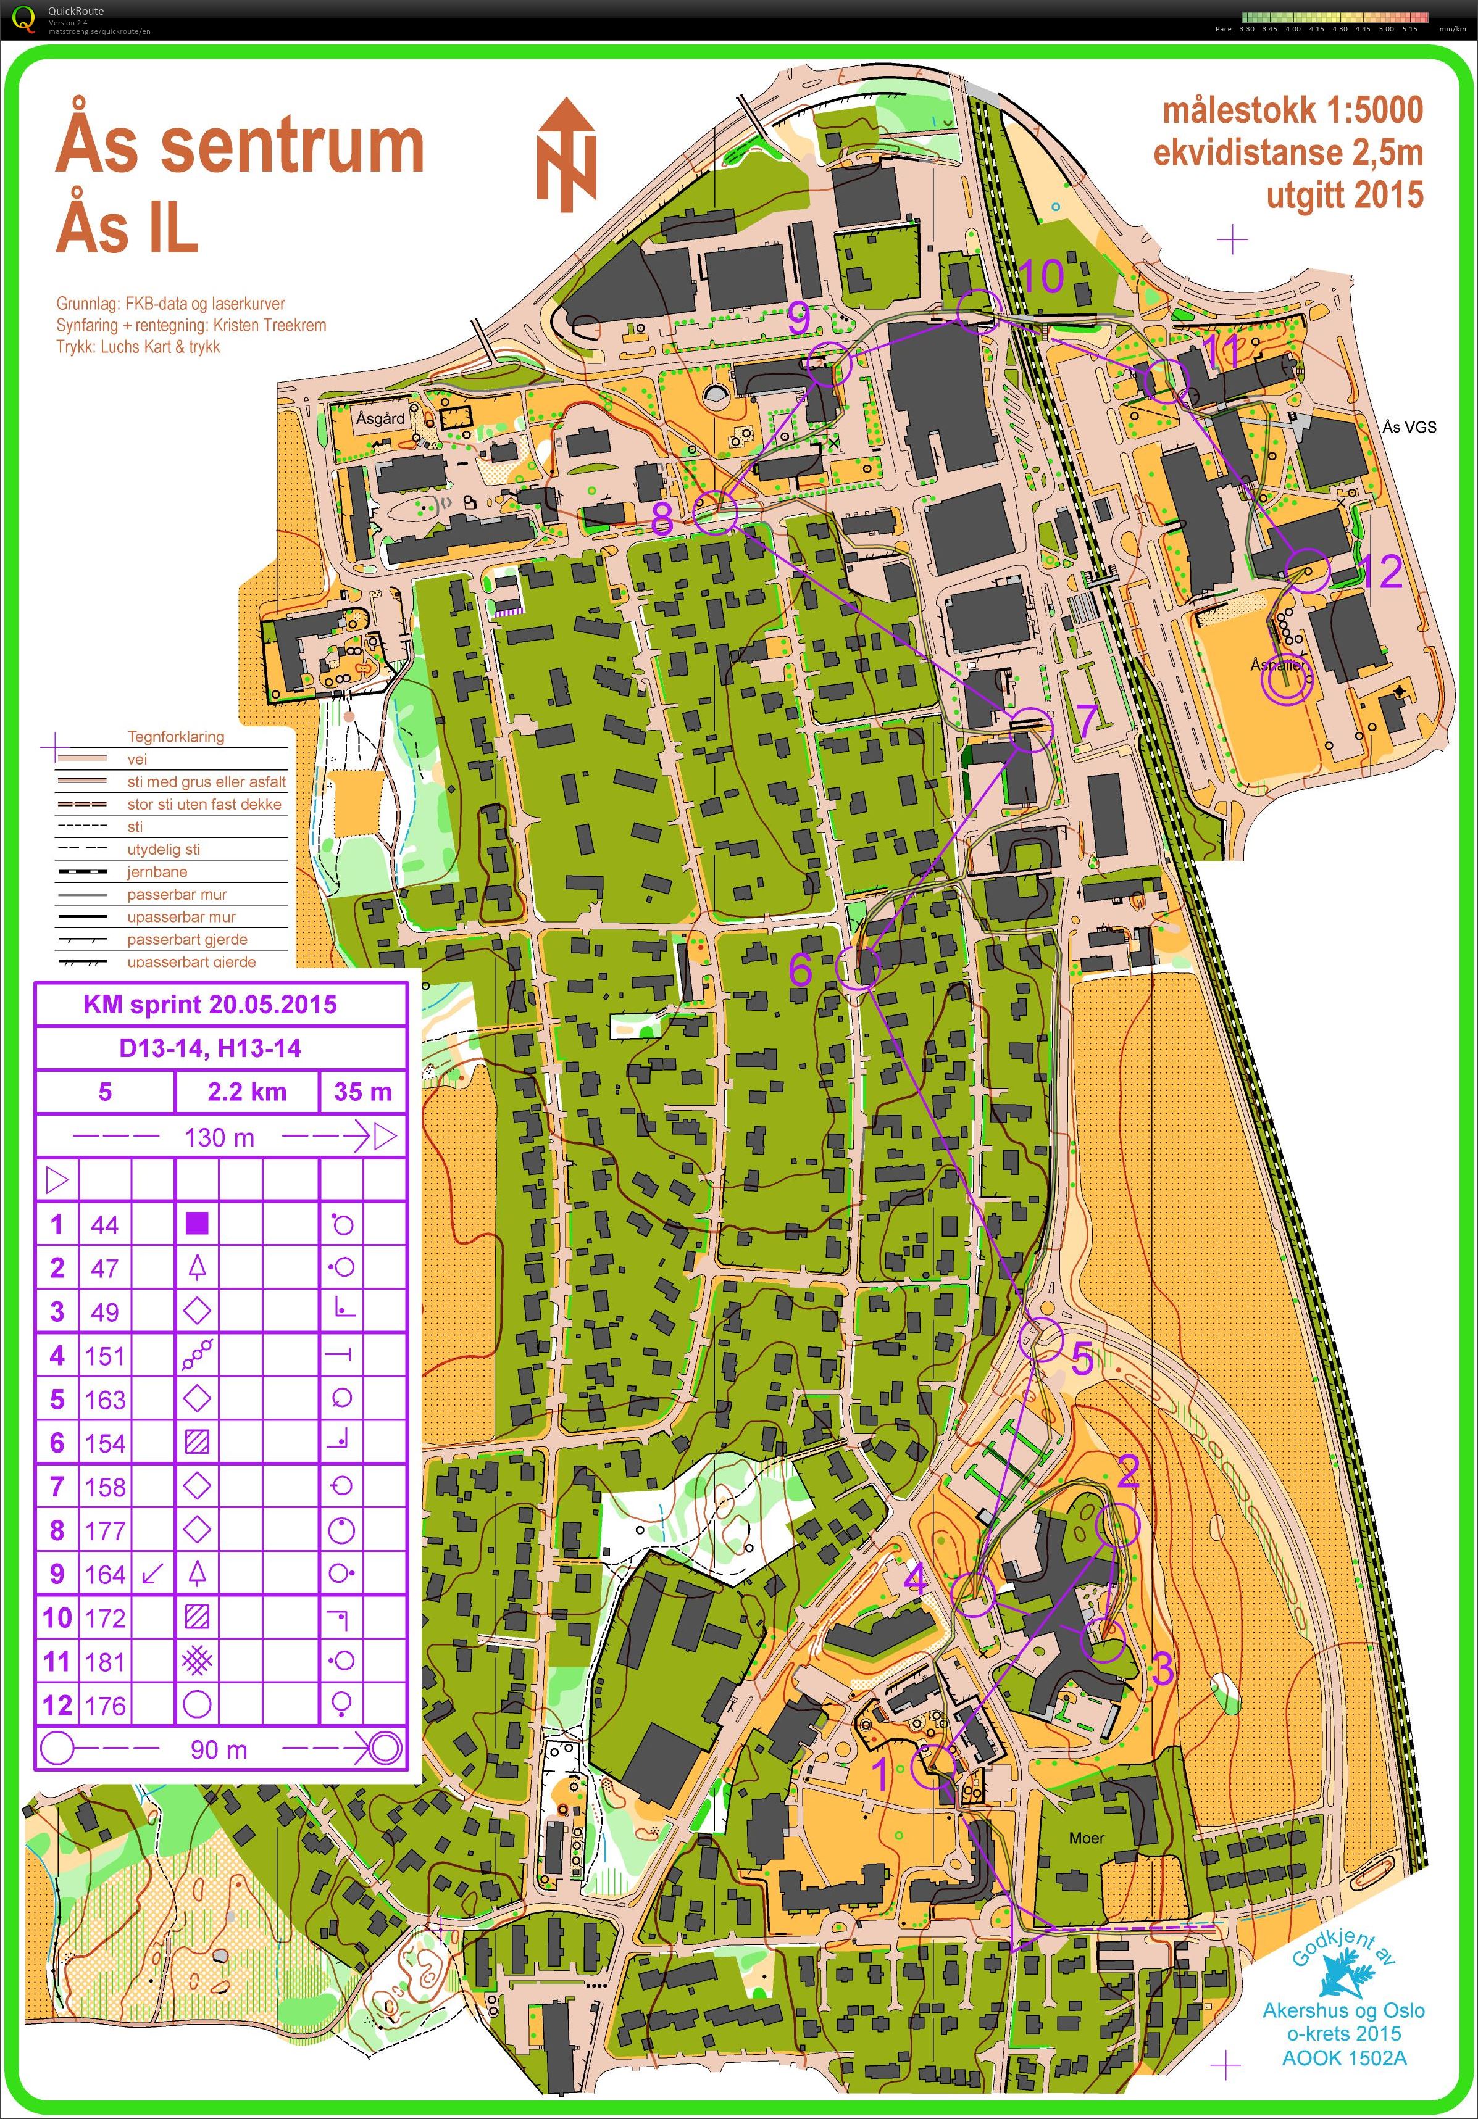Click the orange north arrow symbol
pyautogui.click(x=567, y=155)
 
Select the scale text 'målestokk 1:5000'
pyautogui.click(x=1292, y=110)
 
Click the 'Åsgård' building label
pyautogui.click(x=380, y=418)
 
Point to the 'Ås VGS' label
pyautogui.click(x=1409, y=426)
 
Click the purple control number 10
pyautogui.click(x=1042, y=275)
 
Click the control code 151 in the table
pyautogui.click(x=104, y=1356)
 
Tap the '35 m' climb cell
pyautogui.click(x=363, y=1092)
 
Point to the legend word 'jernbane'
pyautogui.click(x=157, y=871)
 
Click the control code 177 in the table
pyautogui.click(x=104, y=1531)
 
